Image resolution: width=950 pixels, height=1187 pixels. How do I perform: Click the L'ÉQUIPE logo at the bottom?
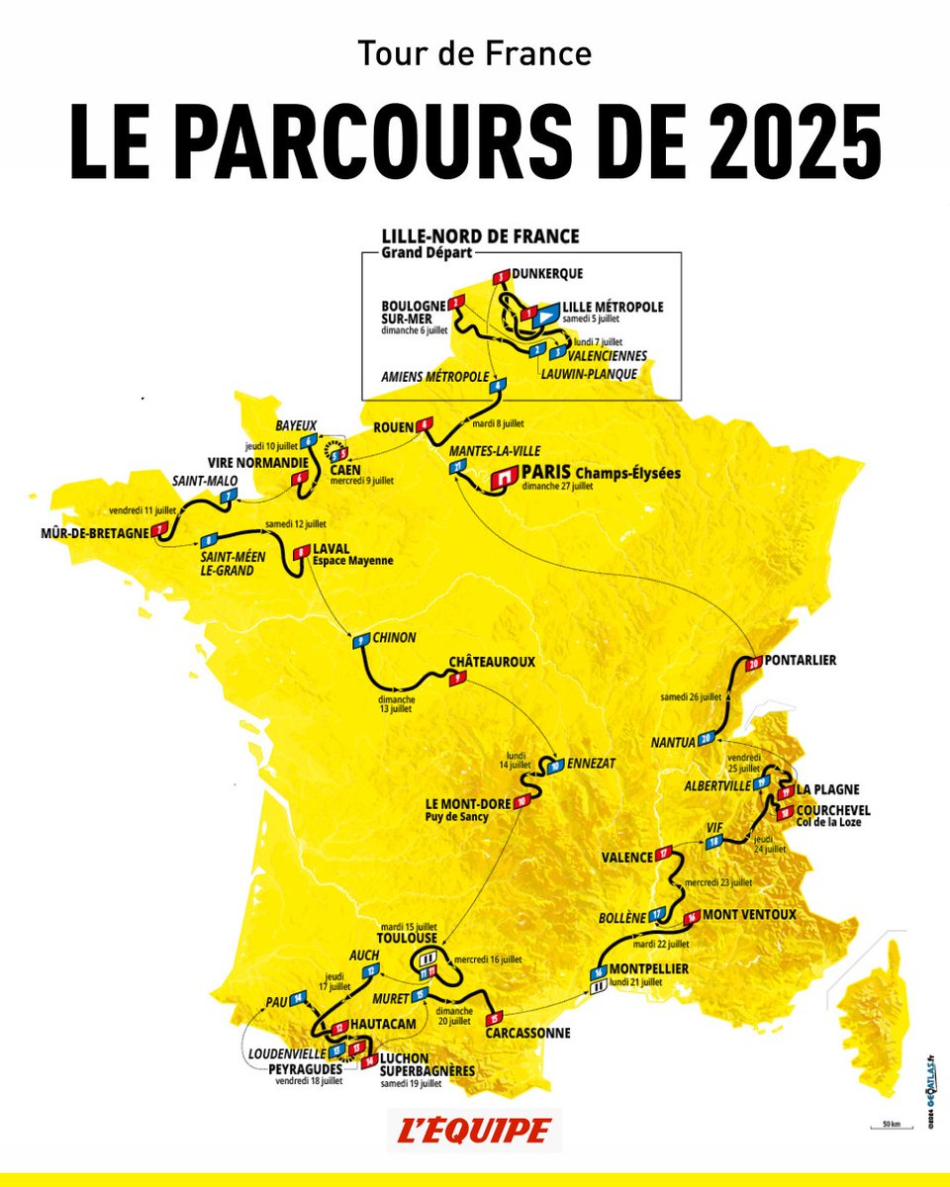pyautogui.click(x=474, y=1131)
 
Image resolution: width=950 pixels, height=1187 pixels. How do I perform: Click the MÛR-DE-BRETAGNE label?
pyautogui.click(x=87, y=533)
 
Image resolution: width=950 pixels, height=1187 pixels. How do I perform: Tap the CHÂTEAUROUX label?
pyautogui.click(x=492, y=661)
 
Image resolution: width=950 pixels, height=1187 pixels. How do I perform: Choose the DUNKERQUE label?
pyautogui.click(x=548, y=273)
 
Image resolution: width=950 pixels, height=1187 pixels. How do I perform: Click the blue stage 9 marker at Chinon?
pyautogui.click(x=361, y=641)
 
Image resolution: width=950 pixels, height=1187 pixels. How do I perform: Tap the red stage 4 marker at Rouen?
pyautogui.click(x=426, y=425)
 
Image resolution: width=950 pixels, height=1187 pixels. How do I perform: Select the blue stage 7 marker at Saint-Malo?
pyautogui.click(x=229, y=495)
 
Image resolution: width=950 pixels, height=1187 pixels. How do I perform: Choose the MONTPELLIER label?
pyautogui.click(x=650, y=968)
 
